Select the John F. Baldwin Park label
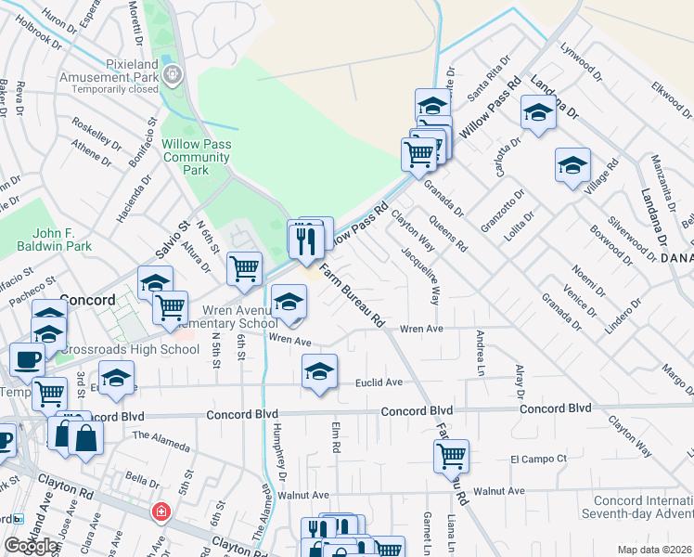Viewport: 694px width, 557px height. tap(54, 240)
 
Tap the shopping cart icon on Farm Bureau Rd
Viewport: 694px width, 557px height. tap(451, 456)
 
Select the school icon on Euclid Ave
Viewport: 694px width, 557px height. tap(319, 371)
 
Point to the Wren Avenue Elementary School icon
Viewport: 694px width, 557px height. tap(289, 303)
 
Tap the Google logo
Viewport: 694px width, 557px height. tap(31, 546)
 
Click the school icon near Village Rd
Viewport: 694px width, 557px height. tap(572, 165)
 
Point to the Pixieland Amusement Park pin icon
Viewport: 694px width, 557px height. tap(172, 73)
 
